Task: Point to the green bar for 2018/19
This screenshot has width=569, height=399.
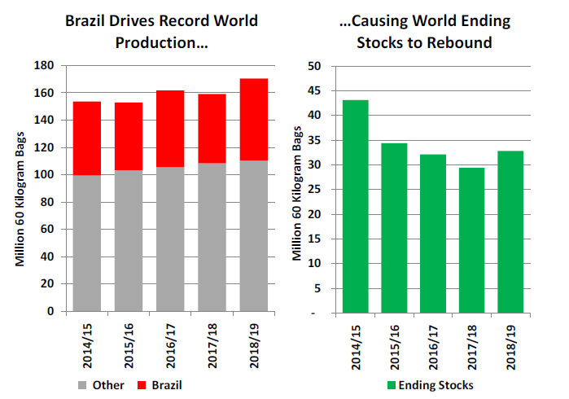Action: click(510, 232)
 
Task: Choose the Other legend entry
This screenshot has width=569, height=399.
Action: click(103, 384)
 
